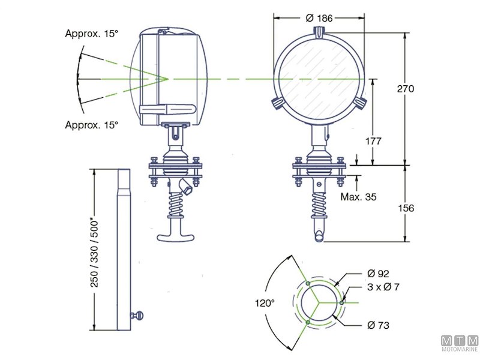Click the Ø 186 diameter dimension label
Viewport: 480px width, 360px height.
(319, 18)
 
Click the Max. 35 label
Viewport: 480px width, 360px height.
(358, 196)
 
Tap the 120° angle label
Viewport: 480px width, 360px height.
(264, 304)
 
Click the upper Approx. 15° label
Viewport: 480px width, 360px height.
(92, 34)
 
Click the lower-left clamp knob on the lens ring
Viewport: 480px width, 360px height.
(277, 103)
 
